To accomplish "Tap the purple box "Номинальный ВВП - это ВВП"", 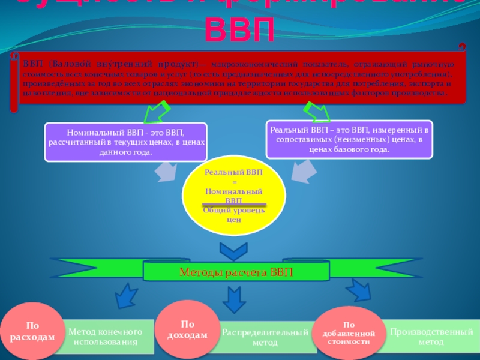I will (125, 142).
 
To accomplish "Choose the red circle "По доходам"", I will (187, 329).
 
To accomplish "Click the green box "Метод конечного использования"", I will (106, 337).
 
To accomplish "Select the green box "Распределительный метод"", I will (265, 337).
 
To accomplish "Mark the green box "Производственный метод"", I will (431, 336).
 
